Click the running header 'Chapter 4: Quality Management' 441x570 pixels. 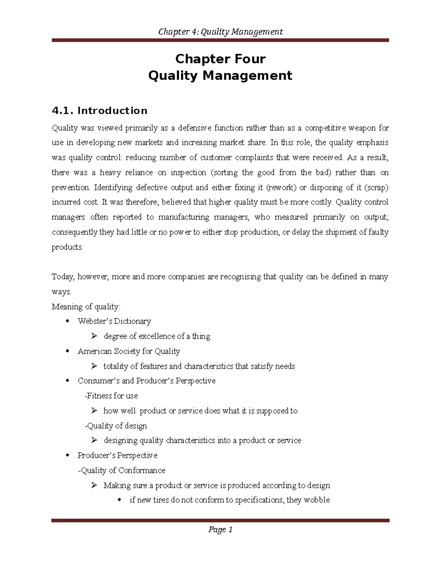(x=220, y=32)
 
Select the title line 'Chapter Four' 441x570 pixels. (x=220, y=59)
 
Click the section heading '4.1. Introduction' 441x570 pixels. (x=100, y=110)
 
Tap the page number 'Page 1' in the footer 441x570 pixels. (x=220, y=529)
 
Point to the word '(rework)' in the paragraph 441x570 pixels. (x=281, y=188)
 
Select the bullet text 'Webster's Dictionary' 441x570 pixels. (x=114, y=321)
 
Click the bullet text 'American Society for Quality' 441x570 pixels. (x=129, y=351)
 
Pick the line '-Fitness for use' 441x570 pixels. (x=111, y=396)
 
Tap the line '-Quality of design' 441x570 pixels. (x=116, y=426)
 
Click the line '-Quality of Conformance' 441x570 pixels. (x=122, y=471)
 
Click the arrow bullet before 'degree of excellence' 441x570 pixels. (x=94, y=336)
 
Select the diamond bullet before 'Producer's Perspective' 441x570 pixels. (x=67, y=455)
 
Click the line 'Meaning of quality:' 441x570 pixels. (x=86, y=306)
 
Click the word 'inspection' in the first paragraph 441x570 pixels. (x=189, y=173)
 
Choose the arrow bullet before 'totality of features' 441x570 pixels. (x=94, y=366)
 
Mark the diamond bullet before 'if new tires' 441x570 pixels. (x=119, y=500)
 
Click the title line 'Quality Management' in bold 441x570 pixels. (x=220, y=76)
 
